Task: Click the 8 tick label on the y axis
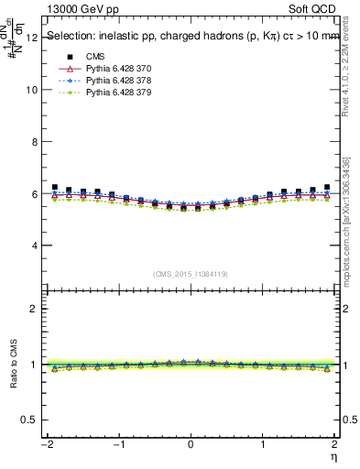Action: (34, 143)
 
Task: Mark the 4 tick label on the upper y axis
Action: (34, 246)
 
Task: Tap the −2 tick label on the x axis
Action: (44, 445)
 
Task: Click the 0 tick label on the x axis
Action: (190, 445)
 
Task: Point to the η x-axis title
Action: (334, 457)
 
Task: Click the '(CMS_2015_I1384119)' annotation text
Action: (191, 274)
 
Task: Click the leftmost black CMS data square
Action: (55, 187)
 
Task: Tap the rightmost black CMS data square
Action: (326, 187)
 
